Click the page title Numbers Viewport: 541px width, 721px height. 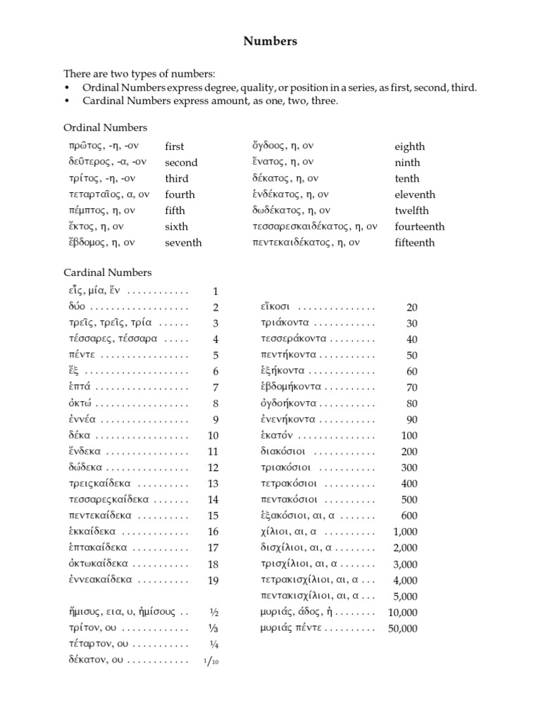pos(270,42)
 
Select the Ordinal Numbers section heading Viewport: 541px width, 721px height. pos(105,128)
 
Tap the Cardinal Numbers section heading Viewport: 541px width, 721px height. pos(107,272)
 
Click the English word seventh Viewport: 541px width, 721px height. pos(183,243)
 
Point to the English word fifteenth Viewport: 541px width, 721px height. pos(415,243)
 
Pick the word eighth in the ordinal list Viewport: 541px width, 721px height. pos(409,146)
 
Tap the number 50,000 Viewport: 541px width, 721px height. pos(402,629)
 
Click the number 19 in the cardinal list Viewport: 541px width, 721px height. pos(213,580)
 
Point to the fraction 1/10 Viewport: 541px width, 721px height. pos(211,660)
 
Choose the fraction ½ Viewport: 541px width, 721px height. pos(214,613)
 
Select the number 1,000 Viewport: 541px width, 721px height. pos(405,532)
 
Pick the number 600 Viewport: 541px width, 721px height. pos(409,516)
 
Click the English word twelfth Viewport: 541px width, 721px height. pos(411,211)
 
